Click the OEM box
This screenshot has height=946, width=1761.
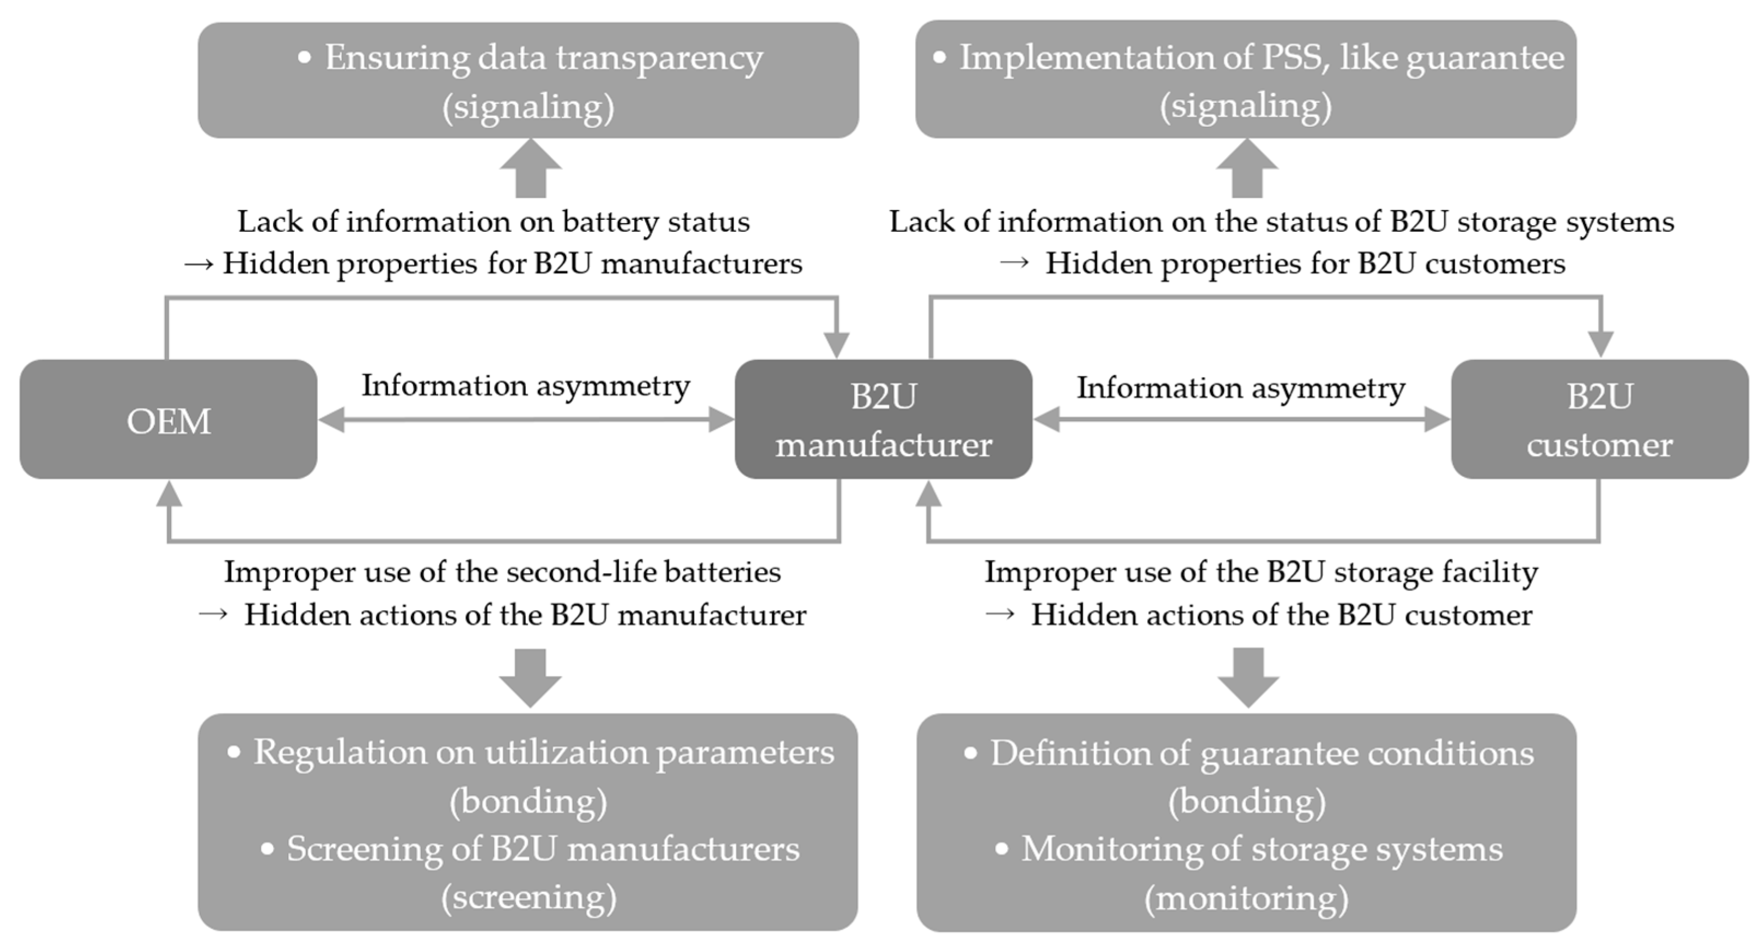[168, 420]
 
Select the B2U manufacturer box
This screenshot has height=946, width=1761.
[883, 420]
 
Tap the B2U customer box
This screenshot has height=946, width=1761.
[1600, 420]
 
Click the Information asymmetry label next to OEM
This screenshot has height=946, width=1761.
[525, 386]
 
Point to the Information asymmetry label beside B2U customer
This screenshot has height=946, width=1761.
[1241, 388]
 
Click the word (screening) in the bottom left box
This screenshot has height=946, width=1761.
[528, 897]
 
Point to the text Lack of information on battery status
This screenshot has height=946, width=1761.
[493, 222]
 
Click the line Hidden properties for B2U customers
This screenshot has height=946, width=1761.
[1304, 264]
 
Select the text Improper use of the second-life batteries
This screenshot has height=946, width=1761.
[502, 572]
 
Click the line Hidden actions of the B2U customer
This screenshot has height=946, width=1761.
[1281, 615]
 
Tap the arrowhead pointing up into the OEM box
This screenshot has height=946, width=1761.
[169, 493]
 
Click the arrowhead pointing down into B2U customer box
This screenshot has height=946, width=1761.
[1600, 344]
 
